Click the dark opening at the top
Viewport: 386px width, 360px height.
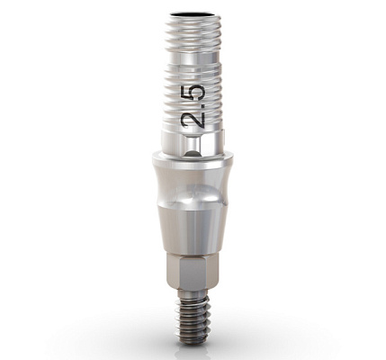click(x=193, y=14)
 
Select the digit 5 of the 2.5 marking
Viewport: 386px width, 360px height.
click(x=195, y=94)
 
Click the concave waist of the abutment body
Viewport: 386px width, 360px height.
click(x=193, y=186)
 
